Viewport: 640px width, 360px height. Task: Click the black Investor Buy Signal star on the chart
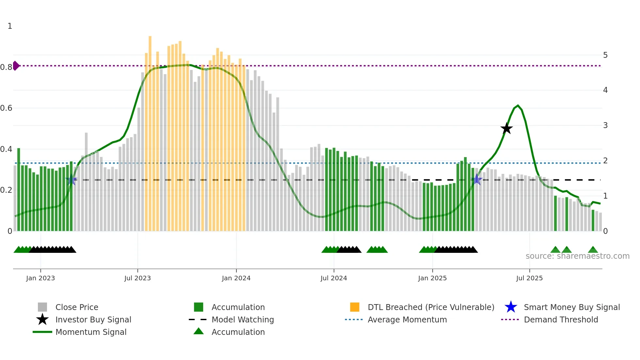506,128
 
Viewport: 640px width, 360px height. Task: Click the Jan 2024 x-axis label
236,278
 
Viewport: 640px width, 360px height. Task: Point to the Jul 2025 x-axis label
529,278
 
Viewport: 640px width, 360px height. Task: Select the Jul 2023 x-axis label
137,278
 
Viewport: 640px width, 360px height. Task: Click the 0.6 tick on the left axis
6,108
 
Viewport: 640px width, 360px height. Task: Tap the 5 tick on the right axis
605,55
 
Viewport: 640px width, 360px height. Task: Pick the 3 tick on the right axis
605,125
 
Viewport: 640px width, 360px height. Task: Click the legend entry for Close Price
77,307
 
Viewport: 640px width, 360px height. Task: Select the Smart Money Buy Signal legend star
511,307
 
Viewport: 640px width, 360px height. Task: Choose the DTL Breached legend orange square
355,307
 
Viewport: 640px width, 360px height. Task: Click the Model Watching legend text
243,319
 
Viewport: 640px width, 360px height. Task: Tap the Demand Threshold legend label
561,319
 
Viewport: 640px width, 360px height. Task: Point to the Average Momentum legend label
407,319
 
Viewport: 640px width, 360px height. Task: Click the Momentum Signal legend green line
42,332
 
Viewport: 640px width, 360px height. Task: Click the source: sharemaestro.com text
577,256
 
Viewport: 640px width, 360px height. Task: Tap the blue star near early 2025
477,179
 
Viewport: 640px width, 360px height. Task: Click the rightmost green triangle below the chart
593,250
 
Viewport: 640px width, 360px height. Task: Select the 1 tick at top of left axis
10,26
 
